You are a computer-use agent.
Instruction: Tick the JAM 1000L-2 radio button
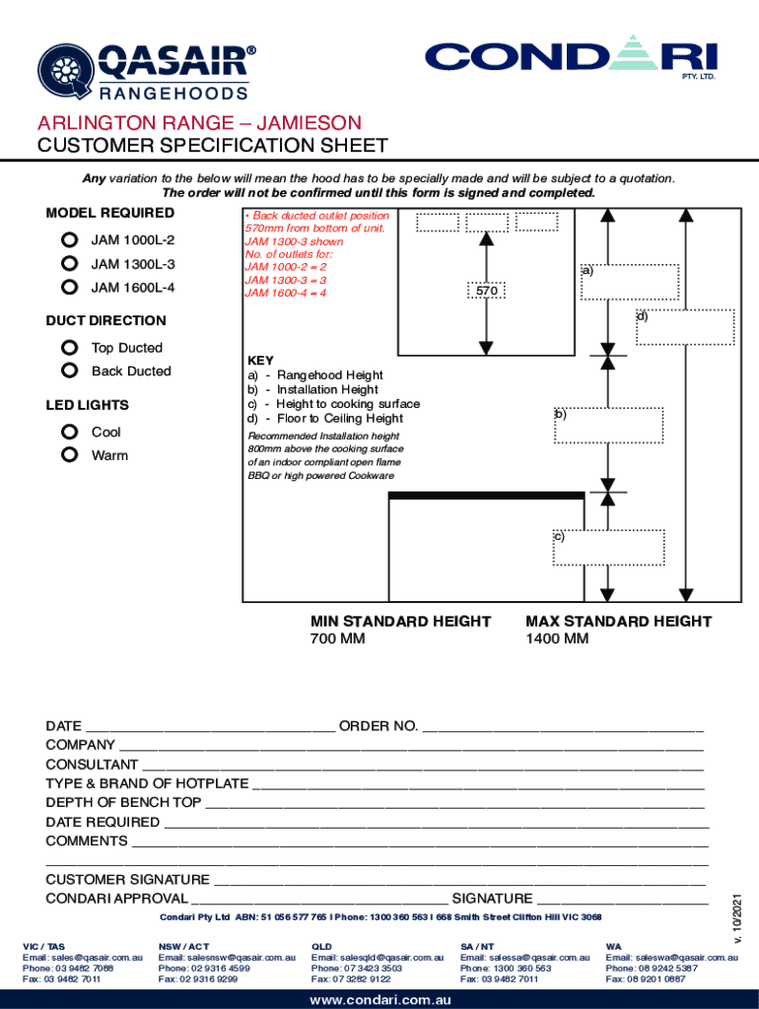(69, 239)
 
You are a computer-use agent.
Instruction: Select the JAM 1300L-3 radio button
(69, 263)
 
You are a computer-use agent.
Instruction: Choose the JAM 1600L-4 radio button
(69, 287)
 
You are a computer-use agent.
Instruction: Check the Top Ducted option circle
(69, 347)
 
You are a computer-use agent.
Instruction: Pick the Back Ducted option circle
(69, 370)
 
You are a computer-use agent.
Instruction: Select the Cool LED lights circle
(69, 432)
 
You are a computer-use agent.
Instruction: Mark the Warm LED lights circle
(69, 455)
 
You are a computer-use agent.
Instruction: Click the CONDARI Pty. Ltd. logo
(571, 58)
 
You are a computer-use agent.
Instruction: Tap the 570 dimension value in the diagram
(486, 292)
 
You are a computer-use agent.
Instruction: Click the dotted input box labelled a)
(630, 281)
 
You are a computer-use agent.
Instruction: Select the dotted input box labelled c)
(608, 547)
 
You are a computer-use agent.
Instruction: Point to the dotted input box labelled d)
(685, 327)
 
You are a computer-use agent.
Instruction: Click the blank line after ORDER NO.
(562, 727)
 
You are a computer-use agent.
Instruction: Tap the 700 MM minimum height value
(338, 639)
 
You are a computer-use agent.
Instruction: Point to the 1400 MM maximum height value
(557, 639)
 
